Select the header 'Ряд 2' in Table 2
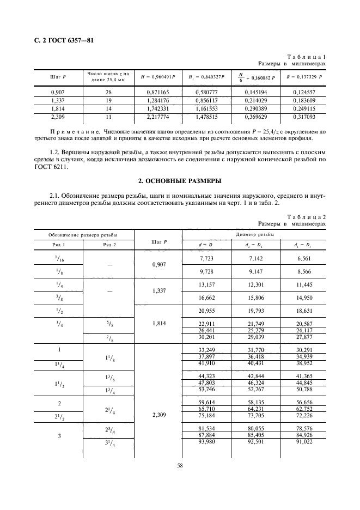tap(109, 245)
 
